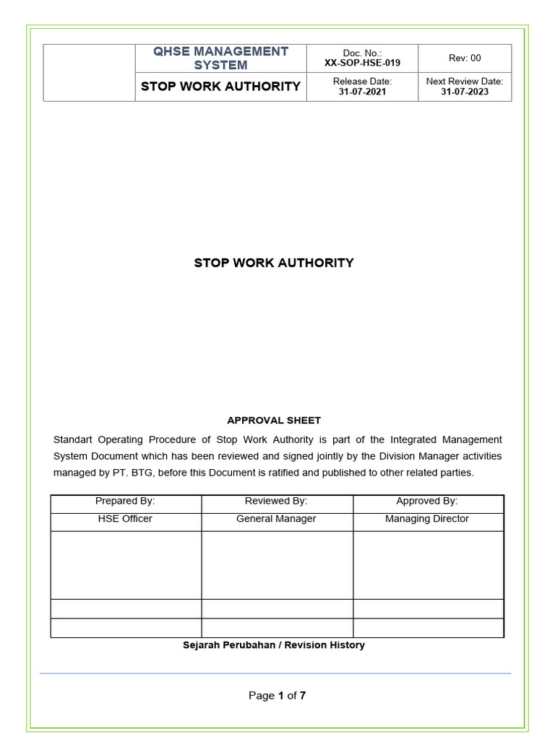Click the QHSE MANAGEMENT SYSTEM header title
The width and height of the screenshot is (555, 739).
220,58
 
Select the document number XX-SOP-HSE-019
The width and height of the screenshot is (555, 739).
362,63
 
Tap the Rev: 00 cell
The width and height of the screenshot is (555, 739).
465,58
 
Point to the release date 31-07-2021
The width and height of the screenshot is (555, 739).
362,92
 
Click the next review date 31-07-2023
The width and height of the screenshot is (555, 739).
465,92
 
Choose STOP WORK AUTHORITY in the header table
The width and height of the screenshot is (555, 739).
220,87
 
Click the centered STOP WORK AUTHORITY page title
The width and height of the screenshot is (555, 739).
274,263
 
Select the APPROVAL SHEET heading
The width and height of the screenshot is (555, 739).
274,420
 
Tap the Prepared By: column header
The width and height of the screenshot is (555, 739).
125,501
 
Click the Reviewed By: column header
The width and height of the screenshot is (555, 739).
276,501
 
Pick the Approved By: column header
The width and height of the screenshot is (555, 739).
426,501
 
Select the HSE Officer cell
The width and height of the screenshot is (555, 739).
125,519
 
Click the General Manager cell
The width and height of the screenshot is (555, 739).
276,519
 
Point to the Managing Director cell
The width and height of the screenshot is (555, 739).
426,519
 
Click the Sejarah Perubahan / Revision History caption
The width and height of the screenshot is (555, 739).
274,645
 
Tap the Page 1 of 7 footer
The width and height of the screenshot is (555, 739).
277,696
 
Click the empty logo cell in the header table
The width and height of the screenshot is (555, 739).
89,72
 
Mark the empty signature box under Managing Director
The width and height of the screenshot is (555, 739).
428,564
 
